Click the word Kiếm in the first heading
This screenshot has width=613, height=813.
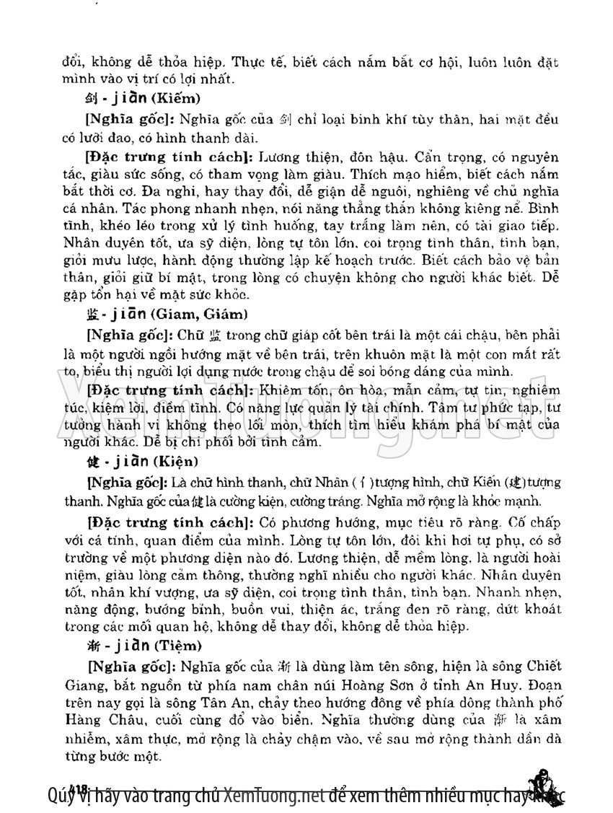[180, 98]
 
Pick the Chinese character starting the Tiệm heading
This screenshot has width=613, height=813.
[90, 645]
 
